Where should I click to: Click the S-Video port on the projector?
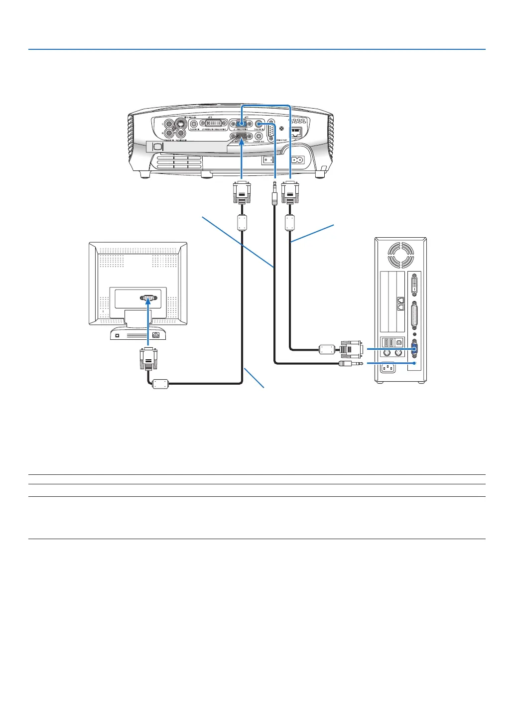click(x=182, y=124)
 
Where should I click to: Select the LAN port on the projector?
click(x=296, y=132)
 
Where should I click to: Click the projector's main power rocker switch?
click(x=269, y=160)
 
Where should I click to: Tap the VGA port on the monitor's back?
click(x=149, y=298)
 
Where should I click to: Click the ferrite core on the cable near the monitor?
click(x=160, y=383)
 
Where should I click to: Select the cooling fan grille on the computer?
click(x=401, y=255)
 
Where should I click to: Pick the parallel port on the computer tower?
click(x=414, y=316)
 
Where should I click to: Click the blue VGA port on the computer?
click(x=414, y=349)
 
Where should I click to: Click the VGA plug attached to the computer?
click(x=351, y=349)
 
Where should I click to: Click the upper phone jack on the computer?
click(x=400, y=300)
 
